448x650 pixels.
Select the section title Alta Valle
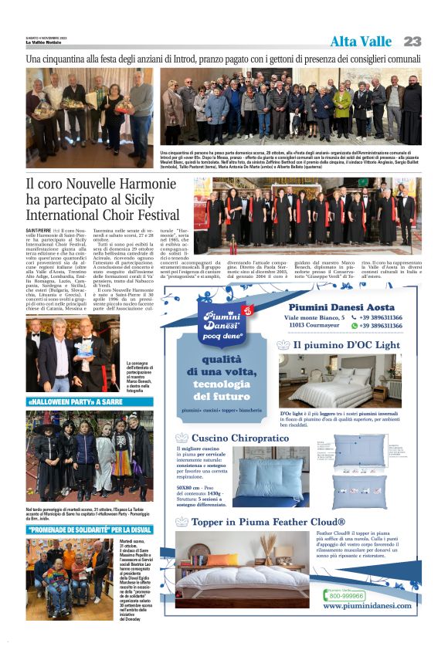point(361,42)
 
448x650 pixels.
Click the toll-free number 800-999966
point(347,595)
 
